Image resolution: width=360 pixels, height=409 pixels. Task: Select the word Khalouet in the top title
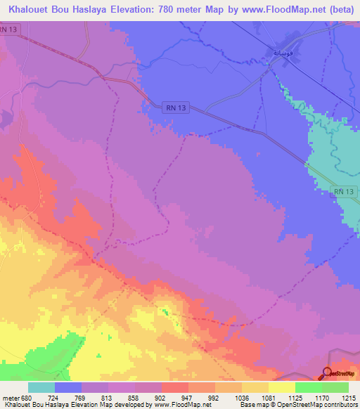pos(33,9)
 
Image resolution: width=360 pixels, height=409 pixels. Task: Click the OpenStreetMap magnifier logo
pos(328,374)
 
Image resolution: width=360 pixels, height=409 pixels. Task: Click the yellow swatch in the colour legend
pos(281,387)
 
